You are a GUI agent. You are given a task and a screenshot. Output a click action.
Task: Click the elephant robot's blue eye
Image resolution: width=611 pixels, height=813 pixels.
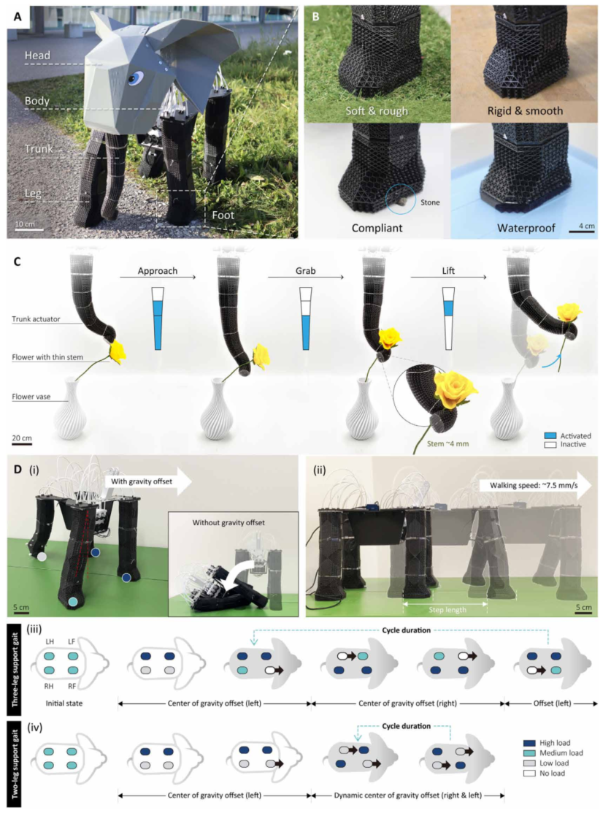tap(135, 77)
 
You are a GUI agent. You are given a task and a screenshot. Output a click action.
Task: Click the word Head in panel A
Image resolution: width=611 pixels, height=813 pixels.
tap(37, 55)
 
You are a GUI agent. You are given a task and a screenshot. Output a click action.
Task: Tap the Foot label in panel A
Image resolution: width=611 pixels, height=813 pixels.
tap(223, 215)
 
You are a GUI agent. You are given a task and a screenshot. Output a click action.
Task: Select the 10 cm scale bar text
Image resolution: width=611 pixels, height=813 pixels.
tap(25, 224)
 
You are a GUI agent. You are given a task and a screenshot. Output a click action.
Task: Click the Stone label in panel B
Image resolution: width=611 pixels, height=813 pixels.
tap(430, 202)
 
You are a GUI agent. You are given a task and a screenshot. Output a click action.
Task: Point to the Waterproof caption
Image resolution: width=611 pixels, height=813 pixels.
tap(526, 228)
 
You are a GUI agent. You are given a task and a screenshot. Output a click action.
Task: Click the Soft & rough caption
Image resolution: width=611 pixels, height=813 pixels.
tap(377, 110)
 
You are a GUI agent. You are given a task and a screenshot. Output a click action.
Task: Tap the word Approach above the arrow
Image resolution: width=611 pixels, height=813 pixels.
tap(158, 271)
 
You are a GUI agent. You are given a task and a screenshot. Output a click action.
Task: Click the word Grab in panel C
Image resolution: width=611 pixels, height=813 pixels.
tap(305, 271)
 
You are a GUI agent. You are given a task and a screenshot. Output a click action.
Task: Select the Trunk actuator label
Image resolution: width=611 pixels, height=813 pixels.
tap(36, 319)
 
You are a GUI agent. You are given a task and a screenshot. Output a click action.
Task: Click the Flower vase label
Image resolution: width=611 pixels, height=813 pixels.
tap(31, 397)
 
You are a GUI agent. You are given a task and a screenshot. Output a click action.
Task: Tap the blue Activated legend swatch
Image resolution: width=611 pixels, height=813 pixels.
tap(550, 436)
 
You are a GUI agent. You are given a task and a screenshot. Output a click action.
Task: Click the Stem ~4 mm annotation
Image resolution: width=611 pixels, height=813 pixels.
tap(447, 444)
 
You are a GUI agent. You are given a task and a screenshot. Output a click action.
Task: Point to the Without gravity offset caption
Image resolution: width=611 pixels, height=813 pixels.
tap(228, 523)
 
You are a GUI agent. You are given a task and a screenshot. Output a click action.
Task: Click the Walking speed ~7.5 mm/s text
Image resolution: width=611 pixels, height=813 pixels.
tap(534, 485)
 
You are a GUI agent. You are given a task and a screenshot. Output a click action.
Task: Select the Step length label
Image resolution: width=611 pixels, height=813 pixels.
tap(447, 610)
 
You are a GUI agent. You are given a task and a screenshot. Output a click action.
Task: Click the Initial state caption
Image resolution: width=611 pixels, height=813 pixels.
tap(64, 703)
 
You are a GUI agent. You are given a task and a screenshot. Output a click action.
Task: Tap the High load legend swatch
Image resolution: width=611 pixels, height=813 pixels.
tap(529, 743)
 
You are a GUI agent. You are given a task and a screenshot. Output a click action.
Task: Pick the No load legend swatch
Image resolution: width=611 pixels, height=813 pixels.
tap(529, 773)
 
